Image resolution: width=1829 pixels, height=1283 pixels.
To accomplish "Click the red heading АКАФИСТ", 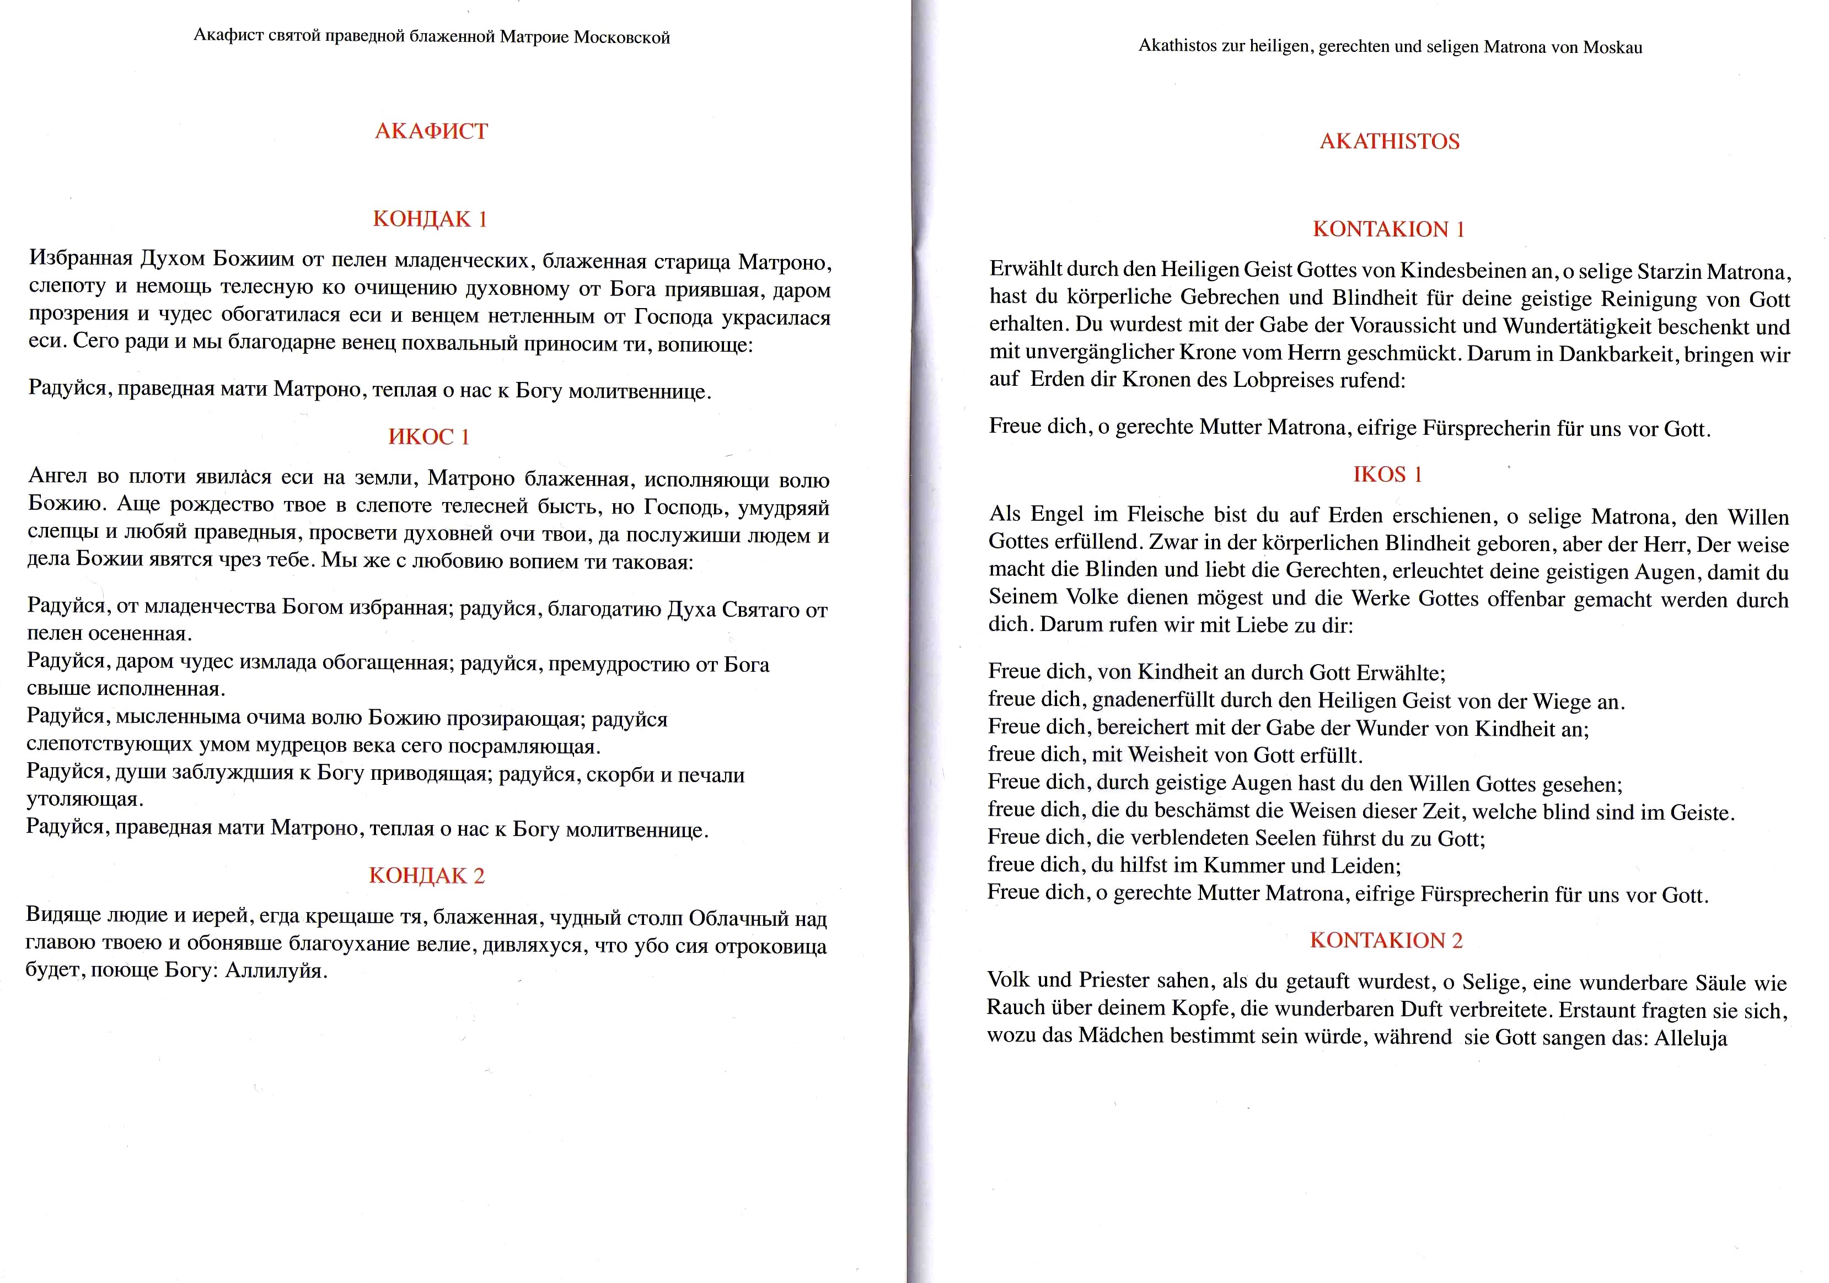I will click(x=431, y=131).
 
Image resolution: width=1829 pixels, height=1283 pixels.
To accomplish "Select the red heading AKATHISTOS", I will click(x=1390, y=142).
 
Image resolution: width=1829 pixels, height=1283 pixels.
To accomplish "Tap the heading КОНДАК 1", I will click(x=430, y=219).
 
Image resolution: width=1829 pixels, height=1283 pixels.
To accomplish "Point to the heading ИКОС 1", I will click(x=428, y=436).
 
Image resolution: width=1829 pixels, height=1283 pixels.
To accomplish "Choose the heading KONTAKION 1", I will click(x=1388, y=229).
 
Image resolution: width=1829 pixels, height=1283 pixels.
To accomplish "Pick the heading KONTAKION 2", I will click(x=1386, y=941).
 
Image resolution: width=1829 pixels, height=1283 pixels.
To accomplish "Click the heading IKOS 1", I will click(x=1387, y=475).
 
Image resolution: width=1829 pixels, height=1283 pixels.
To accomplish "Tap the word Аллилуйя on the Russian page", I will click(x=276, y=971).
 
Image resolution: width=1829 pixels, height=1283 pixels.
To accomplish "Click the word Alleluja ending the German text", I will click(x=1691, y=1038).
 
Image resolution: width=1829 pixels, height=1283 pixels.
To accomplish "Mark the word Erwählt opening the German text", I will click(x=1025, y=269).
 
